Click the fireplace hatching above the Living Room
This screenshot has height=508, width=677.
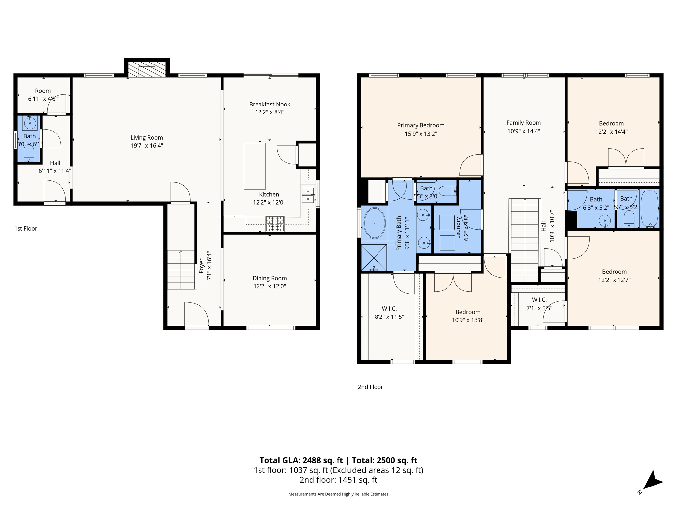pyautogui.click(x=147, y=69)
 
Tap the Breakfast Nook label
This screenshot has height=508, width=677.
pyautogui.click(x=269, y=105)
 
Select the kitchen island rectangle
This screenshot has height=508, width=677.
pyautogui.click(x=255, y=166)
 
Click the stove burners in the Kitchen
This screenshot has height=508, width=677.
pyautogui.click(x=275, y=224)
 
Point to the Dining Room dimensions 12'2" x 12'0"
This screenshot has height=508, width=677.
pyautogui.click(x=269, y=286)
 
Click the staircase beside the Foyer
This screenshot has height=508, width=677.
pyautogui.click(x=181, y=270)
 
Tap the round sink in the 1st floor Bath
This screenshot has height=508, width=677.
pyautogui.click(x=30, y=123)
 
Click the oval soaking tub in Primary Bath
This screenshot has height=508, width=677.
pyautogui.click(x=375, y=223)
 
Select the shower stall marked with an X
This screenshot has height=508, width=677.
pyautogui.click(x=374, y=257)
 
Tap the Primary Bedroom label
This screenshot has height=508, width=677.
pyautogui.click(x=420, y=125)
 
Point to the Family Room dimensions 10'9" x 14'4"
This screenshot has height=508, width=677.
pyautogui.click(x=524, y=131)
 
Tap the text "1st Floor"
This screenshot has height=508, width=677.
pyautogui.click(x=26, y=229)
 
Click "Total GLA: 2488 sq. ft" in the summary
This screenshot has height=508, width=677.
pyautogui.click(x=301, y=460)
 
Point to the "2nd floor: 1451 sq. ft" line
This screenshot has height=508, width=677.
pyautogui.click(x=338, y=480)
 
